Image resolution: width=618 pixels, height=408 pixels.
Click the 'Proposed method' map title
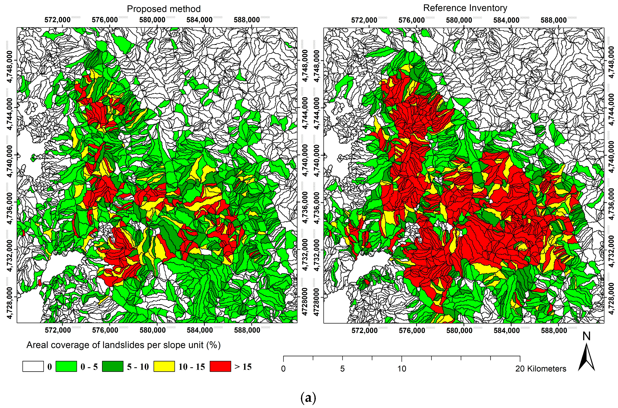tap(164, 9)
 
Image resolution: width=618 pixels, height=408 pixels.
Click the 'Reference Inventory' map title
tap(465, 8)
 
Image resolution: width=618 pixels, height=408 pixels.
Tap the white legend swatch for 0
tap(33, 366)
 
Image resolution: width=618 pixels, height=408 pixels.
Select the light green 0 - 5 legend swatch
tap(66, 366)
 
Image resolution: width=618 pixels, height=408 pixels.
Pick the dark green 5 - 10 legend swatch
tap(113, 366)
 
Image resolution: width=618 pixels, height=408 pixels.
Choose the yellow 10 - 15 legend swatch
tap(164, 366)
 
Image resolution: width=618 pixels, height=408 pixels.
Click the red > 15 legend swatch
tap(220, 366)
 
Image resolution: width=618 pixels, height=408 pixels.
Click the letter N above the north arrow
tap(586, 336)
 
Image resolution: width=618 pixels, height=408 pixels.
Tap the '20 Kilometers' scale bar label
tap(541, 369)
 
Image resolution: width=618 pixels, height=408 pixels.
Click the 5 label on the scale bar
tap(342, 369)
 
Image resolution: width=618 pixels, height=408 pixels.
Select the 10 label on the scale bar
tap(402, 369)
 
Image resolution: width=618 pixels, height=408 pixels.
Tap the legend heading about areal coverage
tap(123, 345)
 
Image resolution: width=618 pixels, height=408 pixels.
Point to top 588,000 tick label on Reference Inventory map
tap(553, 20)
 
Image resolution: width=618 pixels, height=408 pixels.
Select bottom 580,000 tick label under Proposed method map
tap(152, 330)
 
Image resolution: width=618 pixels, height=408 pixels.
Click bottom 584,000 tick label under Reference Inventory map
tap(507, 330)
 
